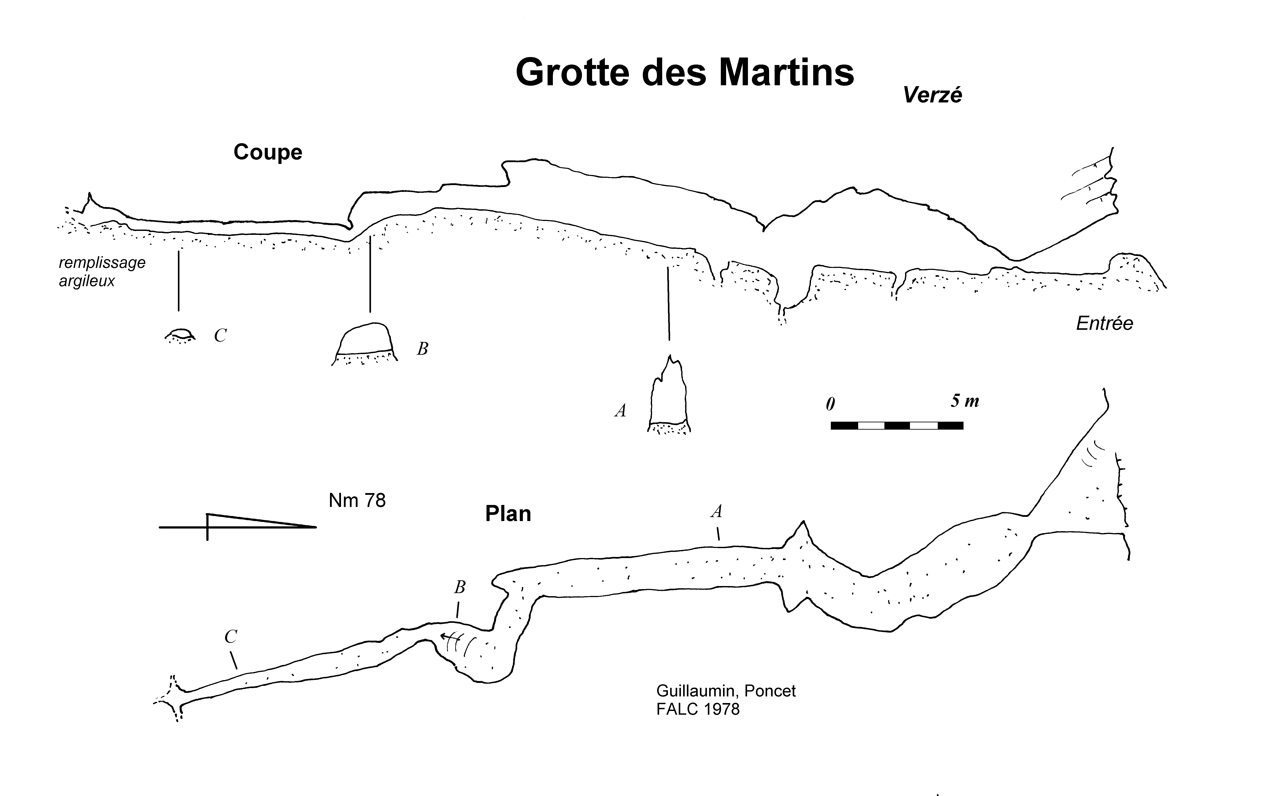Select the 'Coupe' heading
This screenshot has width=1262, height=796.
(268, 152)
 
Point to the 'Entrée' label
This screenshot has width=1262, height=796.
(1104, 324)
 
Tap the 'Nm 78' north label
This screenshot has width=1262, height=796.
(357, 501)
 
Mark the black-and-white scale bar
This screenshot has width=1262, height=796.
(897, 425)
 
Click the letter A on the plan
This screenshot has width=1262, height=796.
(716, 511)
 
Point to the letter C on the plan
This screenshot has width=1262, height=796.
(231, 637)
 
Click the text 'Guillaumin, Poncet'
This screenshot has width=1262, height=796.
(726, 691)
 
